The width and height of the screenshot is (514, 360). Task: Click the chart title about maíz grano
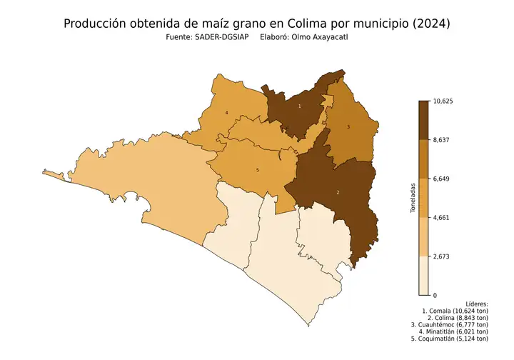click(x=257, y=24)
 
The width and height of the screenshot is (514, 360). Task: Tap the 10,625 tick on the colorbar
click(x=443, y=101)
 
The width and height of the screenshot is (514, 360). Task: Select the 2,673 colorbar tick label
click(x=443, y=256)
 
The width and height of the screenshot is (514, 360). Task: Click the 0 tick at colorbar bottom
click(x=435, y=294)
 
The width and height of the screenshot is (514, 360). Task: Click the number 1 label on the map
click(x=299, y=106)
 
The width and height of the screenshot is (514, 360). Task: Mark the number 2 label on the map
click(x=337, y=193)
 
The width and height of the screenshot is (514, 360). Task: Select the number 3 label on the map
click(x=348, y=127)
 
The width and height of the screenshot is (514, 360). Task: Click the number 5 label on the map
click(x=257, y=170)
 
